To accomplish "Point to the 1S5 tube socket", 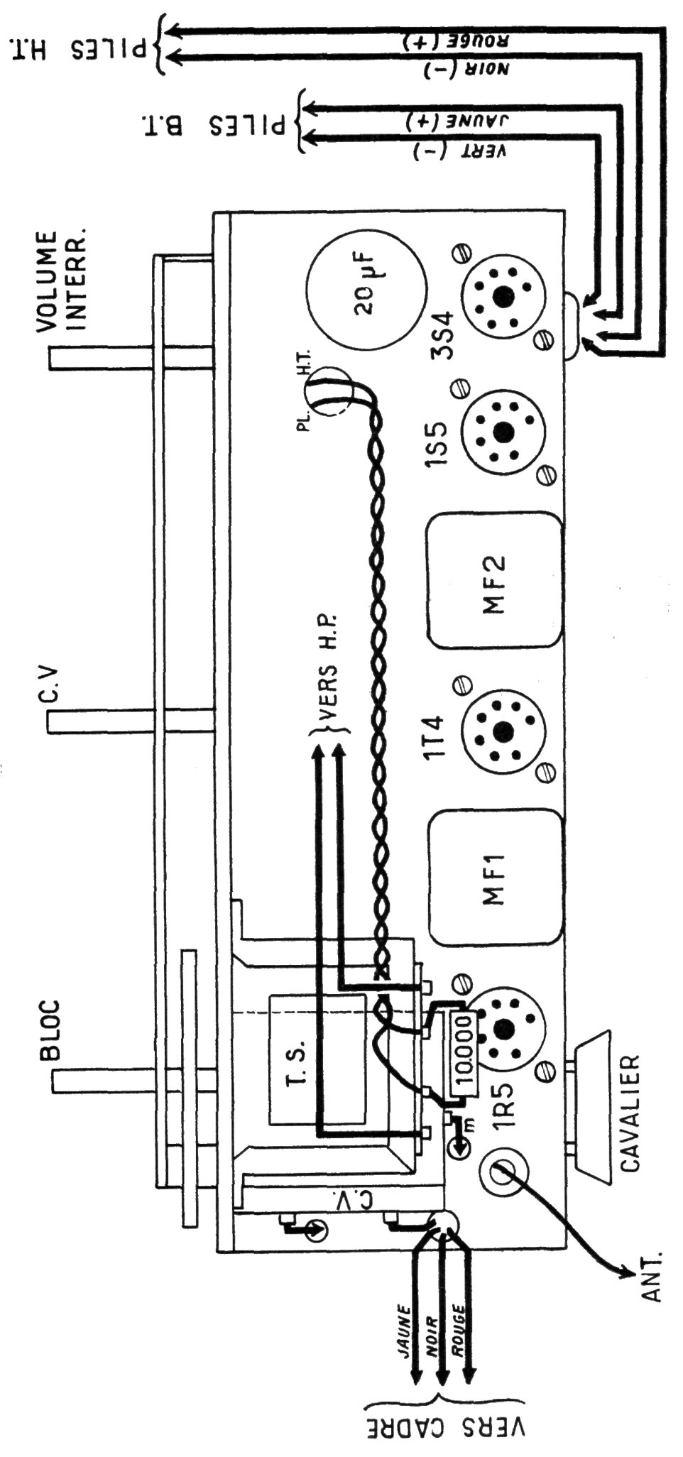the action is pos(504,430).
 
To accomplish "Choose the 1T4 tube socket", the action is pos(504,729).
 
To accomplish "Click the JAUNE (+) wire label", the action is pos(459,121).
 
